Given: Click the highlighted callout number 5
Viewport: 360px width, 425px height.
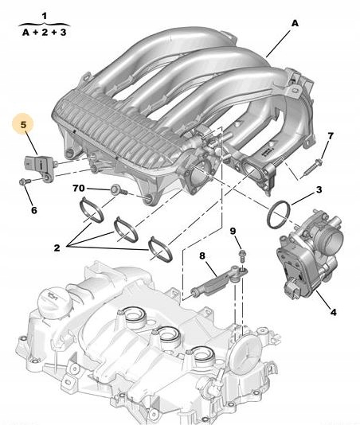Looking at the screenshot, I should [x=24, y=124].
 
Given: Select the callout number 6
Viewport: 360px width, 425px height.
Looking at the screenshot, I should [x=34, y=210].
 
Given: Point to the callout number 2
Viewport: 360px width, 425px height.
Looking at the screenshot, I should [x=56, y=248].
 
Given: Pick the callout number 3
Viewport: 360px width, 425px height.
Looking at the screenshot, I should [x=318, y=190].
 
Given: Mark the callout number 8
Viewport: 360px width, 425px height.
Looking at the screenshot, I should [x=202, y=255].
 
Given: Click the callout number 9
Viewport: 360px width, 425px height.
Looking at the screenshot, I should [x=233, y=231].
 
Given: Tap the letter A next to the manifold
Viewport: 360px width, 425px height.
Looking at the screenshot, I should [x=294, y=23].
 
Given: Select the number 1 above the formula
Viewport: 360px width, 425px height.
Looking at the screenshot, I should [x=44, y=16].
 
